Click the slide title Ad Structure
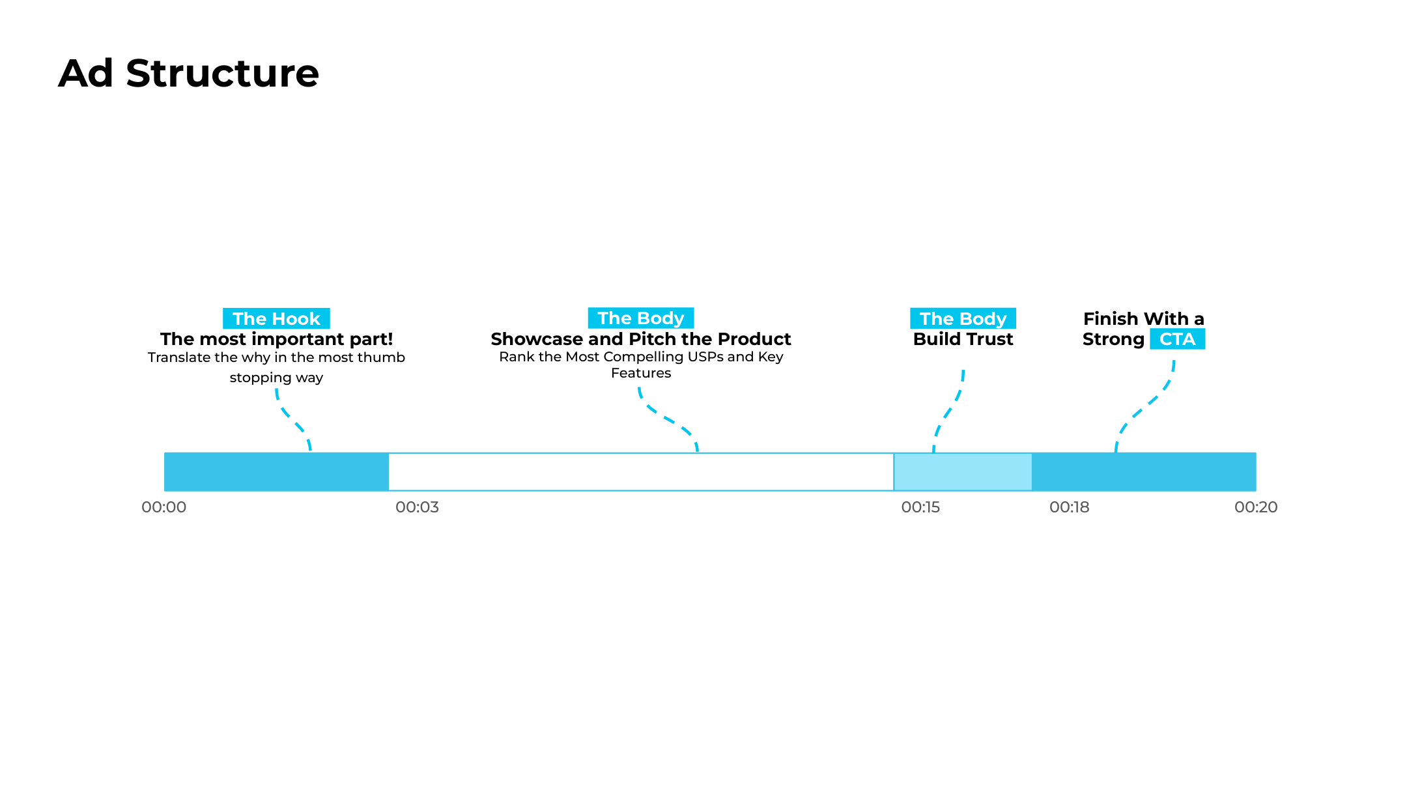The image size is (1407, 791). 189,73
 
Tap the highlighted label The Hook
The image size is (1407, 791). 276,318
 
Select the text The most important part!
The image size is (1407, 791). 277,339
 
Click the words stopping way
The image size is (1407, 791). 276,378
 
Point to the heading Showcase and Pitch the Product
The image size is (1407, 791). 641,339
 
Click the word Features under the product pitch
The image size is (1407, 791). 641,373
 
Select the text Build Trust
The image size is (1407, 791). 963,339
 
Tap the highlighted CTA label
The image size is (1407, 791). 1178,339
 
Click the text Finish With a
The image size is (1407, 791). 1144,319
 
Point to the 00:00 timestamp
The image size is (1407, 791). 164,507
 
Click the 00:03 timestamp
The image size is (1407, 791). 418,507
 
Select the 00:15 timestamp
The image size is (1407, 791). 921,507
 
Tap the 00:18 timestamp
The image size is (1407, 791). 1070,507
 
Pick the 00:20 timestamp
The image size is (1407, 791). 1257,507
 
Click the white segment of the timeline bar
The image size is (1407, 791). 641,472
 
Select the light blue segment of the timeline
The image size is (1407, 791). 963,472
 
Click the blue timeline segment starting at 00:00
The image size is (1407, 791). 276,472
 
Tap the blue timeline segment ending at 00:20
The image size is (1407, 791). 1144,472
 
